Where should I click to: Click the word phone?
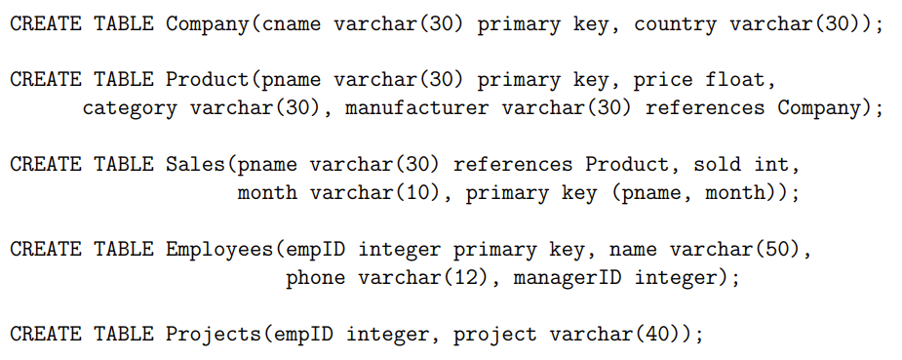coord(315,279)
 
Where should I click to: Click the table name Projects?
coord(214,335)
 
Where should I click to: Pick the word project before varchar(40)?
coord(494,335)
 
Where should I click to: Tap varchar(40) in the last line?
coord(621,335)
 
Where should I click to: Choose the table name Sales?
coord(195,164)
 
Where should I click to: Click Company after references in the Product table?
coord(825,107)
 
